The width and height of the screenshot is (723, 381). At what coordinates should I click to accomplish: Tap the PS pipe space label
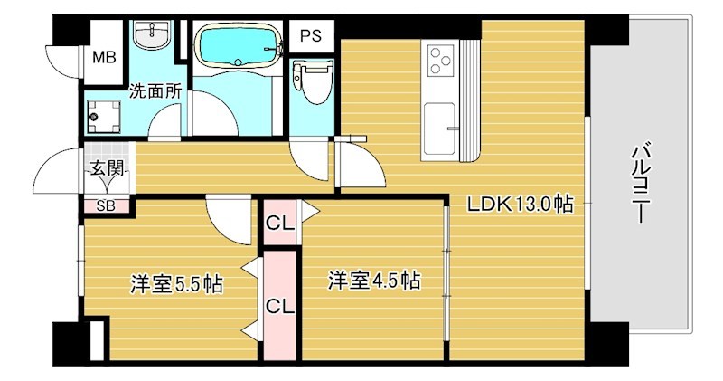pyautogui.click(x=311, y=37)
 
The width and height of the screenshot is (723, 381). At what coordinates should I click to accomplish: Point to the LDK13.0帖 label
pyautogui.click(x=519, y=205)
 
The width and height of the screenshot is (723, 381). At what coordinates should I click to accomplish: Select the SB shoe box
pyautogui.click(x=106, y=205)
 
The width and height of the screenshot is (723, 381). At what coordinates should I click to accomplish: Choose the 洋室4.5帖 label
pyautogui.click(x=372, y=280)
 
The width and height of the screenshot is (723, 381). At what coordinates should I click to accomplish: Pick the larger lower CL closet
pyautogui.click(x=279, y=306)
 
